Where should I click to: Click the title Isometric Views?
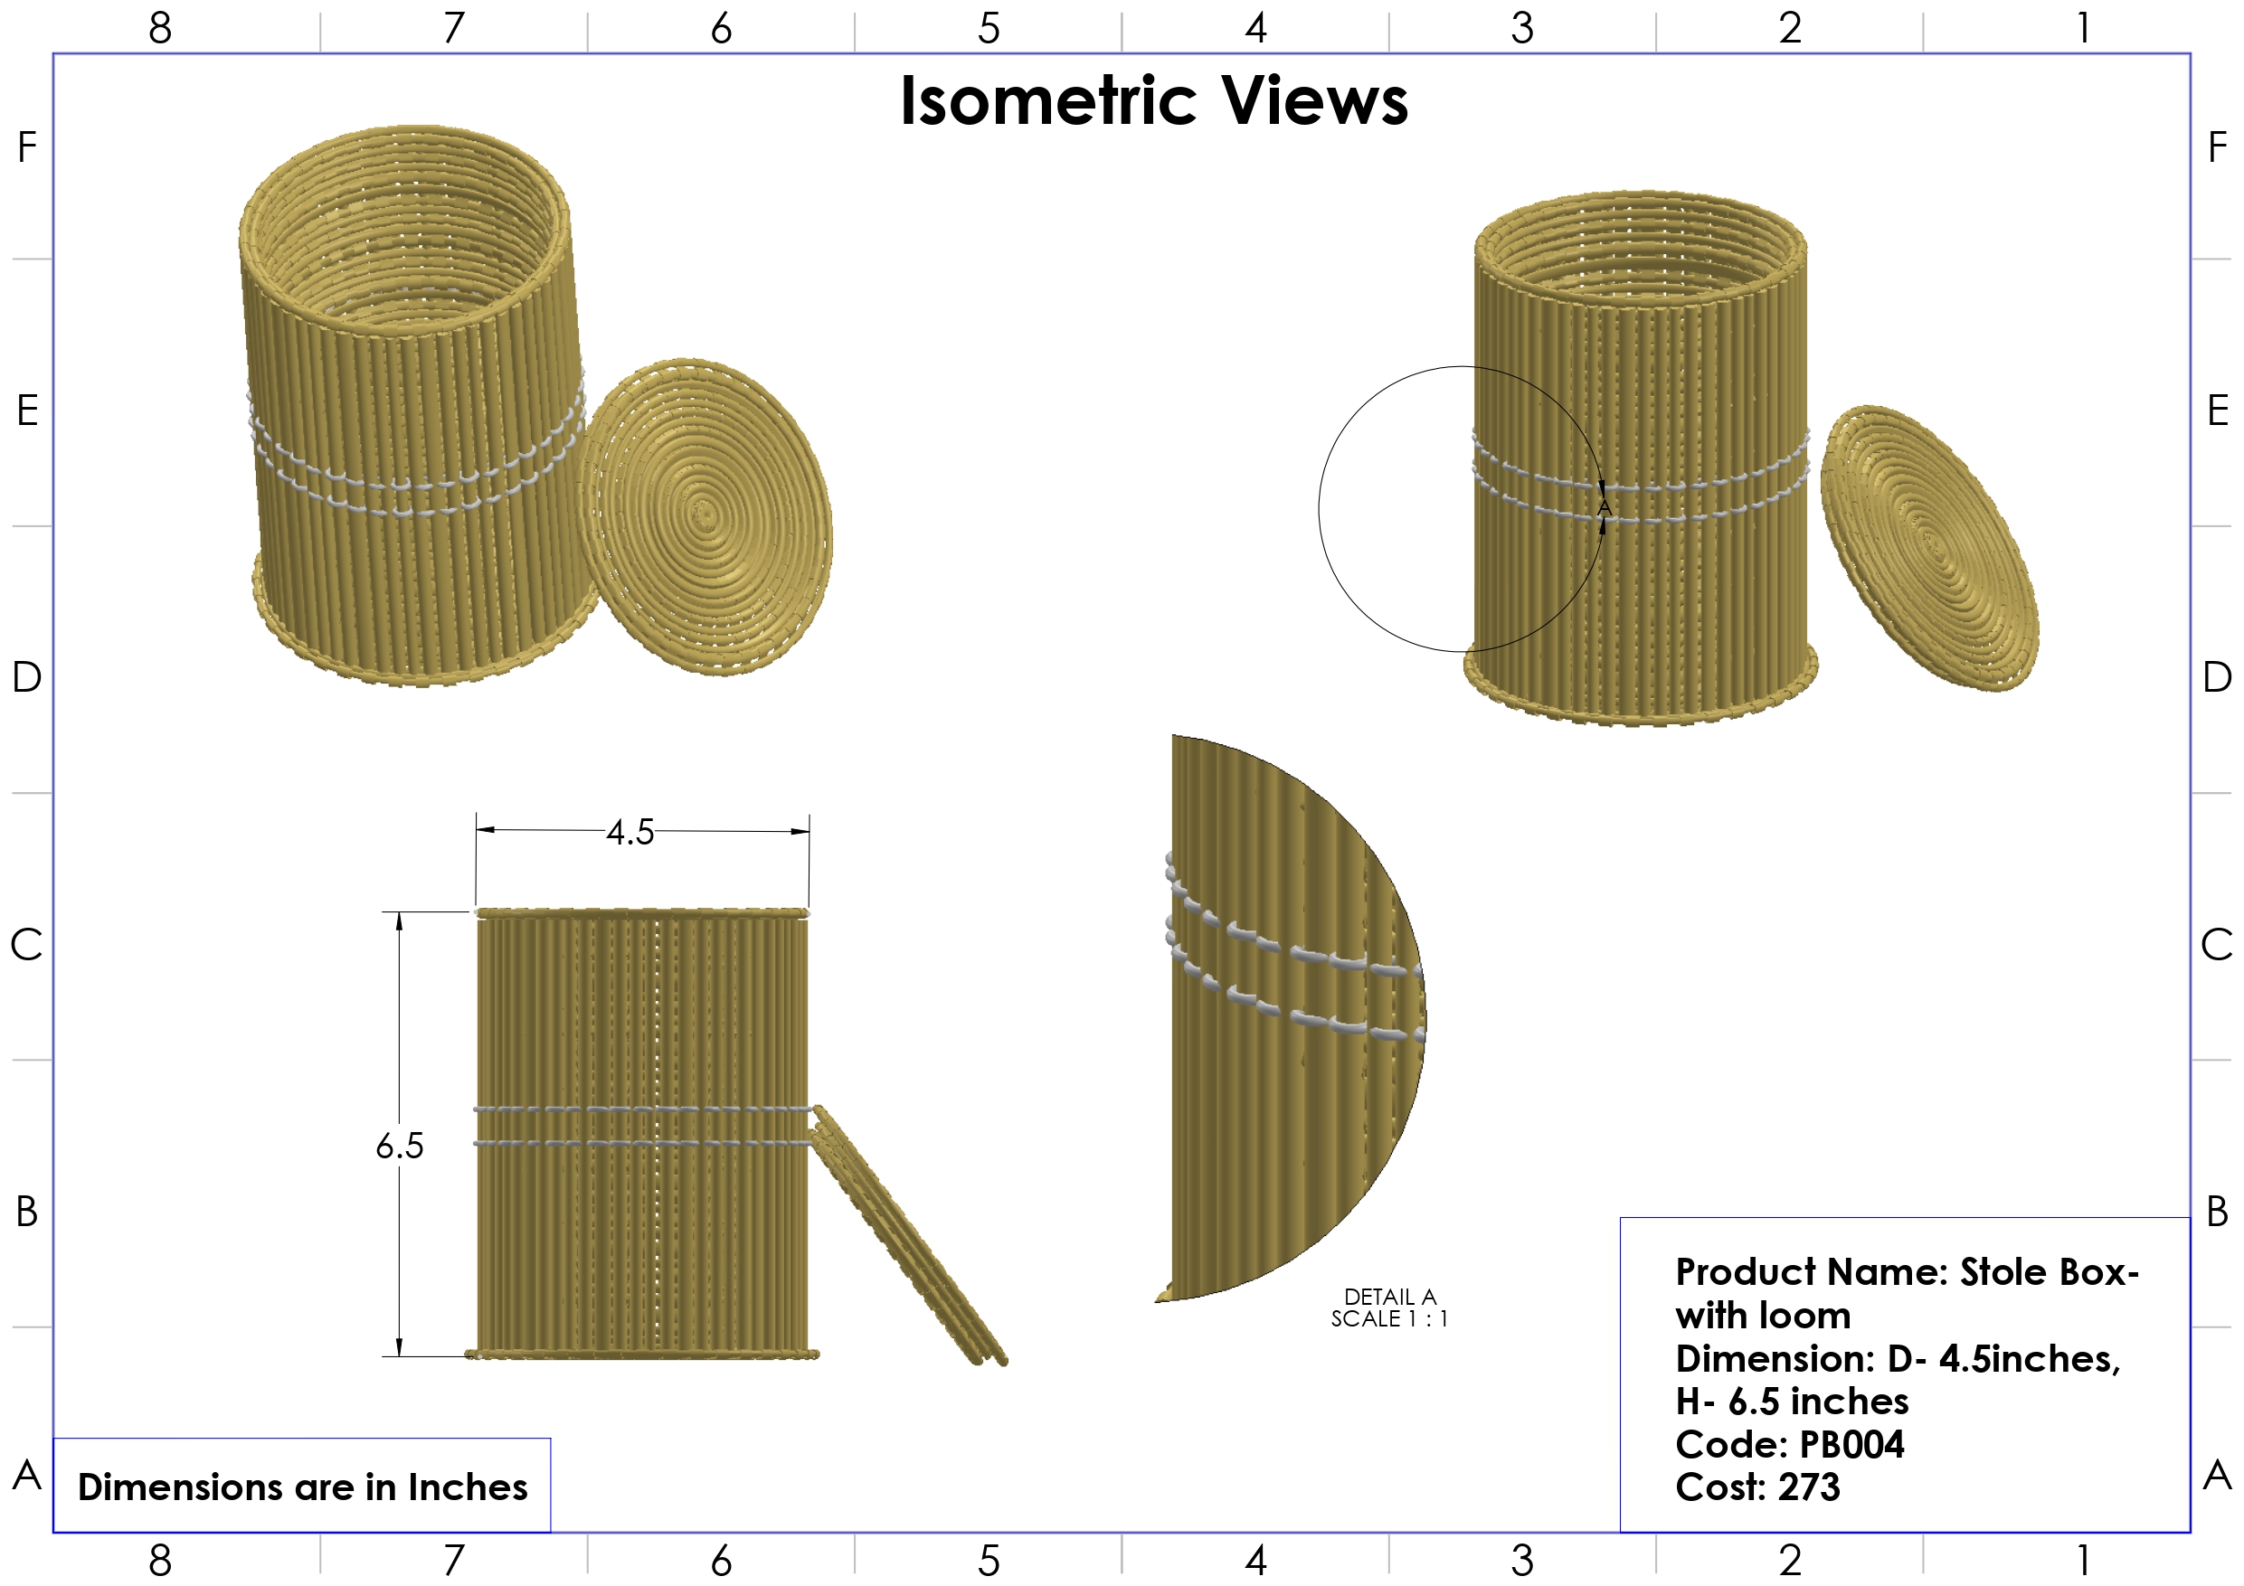coord(1153,100)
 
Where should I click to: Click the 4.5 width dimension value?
coord(630,832)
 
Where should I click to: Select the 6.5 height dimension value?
coord(400,1146)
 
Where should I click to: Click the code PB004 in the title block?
coord(1851,1444)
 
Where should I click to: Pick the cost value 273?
coord(1809,1487)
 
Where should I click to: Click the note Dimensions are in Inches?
coord(302,1487)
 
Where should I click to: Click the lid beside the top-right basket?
coord(1930,547)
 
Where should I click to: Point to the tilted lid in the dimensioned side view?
coord(909,1236)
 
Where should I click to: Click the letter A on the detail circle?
coord(1604,508)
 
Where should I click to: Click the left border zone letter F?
coord(27,147)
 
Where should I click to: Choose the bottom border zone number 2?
coord(1790,1561)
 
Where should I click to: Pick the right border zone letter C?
coord(2217,945)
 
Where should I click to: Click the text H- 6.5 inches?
coord(1792,1402)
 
